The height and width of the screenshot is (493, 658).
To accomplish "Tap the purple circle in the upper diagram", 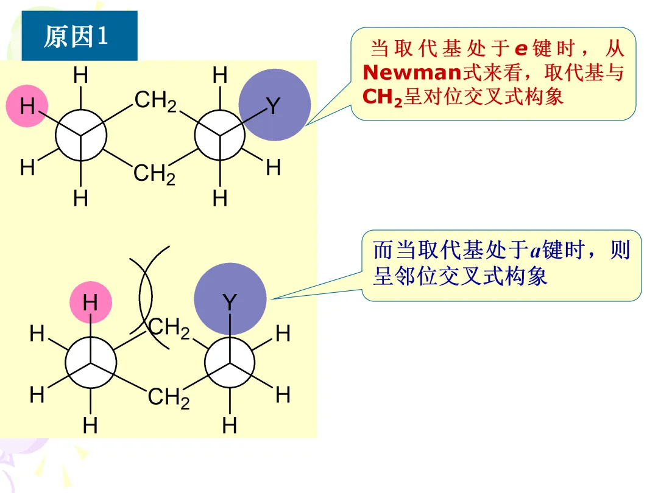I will (x=274, y=105).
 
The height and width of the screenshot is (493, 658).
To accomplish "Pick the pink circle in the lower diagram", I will (x=90, y=302).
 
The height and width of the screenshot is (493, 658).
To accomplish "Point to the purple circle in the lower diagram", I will (x=230, y=299).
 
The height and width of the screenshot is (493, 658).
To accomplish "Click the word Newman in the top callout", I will (x=412, y=73).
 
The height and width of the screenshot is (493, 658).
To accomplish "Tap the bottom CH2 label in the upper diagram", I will (x=154, y=175).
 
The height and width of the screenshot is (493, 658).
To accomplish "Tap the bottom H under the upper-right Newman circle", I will (x=220, y=198).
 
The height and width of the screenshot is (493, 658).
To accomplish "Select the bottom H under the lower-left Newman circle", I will (x=90, y=425).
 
